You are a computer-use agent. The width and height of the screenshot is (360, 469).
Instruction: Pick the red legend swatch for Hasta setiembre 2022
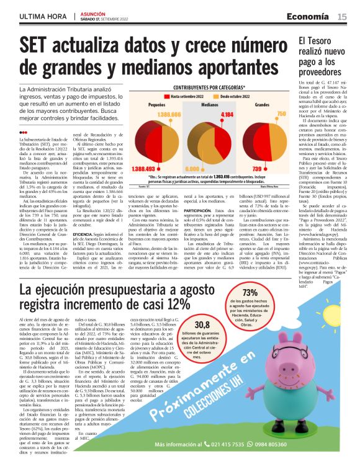coord(166,97)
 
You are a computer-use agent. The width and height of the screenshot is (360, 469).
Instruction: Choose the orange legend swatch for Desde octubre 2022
coord(216,97)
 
